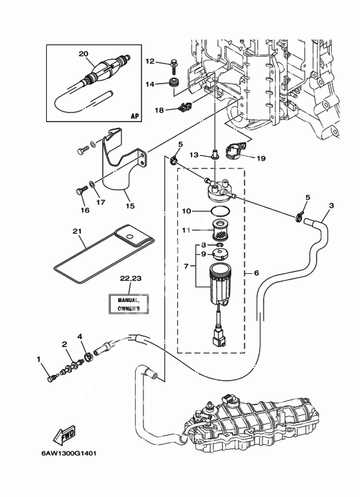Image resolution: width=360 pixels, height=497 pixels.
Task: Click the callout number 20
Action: click(84, 54)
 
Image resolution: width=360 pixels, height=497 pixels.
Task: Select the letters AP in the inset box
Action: click(135, 116)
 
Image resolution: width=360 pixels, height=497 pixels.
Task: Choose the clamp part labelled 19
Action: click(236, 150)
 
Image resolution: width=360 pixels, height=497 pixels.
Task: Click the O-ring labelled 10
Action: click(220, 211)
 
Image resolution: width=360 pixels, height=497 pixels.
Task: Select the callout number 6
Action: click(256, 273)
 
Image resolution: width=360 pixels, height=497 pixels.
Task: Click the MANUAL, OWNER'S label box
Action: click(129, 303)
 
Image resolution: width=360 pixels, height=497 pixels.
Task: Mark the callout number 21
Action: click(77, 231)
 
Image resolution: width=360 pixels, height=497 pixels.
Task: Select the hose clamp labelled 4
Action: click(87, 358)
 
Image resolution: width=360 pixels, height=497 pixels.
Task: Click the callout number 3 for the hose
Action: click(331, 206)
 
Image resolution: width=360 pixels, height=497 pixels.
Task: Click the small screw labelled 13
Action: click(215, 156)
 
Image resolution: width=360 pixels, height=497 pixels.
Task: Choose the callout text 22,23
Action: click(130, 278)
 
